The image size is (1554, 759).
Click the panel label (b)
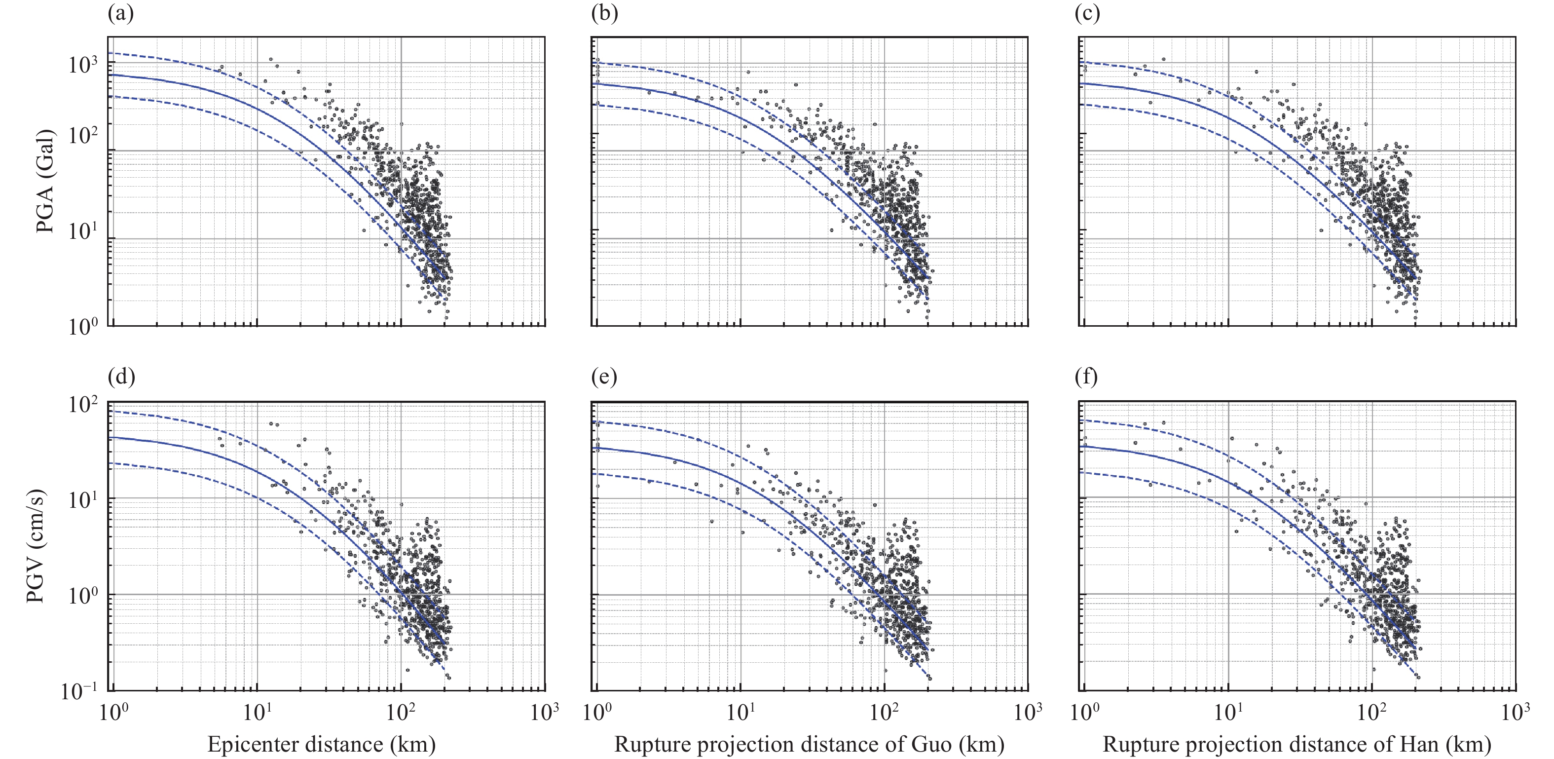[604, 14]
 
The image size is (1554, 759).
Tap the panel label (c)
[1087, 14]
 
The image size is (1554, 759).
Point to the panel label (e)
[604, 377]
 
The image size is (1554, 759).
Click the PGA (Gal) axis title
[45, 181]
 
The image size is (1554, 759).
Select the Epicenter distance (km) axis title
[321, 744]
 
